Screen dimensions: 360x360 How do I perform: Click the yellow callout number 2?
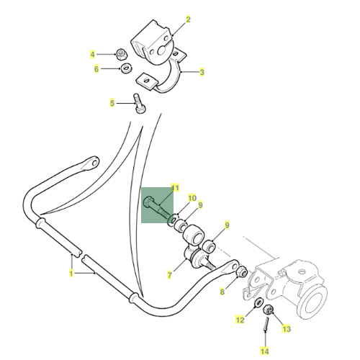coord(188,19)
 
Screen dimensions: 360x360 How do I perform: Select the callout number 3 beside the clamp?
coord(202,72)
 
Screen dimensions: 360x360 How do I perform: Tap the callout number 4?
coord(92,55)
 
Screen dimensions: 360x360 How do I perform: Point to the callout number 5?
coord(112,103)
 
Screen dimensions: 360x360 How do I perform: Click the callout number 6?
coord(96,69)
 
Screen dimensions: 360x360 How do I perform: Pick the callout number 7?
coord(170,275)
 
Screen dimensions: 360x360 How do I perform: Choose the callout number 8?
coord(222,292)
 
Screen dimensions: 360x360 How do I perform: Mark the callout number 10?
coord(192,198)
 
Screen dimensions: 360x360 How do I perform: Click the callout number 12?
coord(240,320)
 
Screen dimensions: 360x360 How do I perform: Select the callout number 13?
coord(287,328)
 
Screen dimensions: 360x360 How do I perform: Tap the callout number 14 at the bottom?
coord(264,351)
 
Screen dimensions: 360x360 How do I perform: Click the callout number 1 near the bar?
coord(71,274)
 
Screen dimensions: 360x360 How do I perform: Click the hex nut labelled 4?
coord(122,55)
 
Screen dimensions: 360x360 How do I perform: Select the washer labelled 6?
coord(125,68)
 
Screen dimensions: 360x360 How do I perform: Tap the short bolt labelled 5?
coord(139,104)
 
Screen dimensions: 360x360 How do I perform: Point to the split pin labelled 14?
coord(266,324)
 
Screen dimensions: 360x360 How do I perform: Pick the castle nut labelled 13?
coord(268,310)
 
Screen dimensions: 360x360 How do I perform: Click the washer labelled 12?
coord(258,302)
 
